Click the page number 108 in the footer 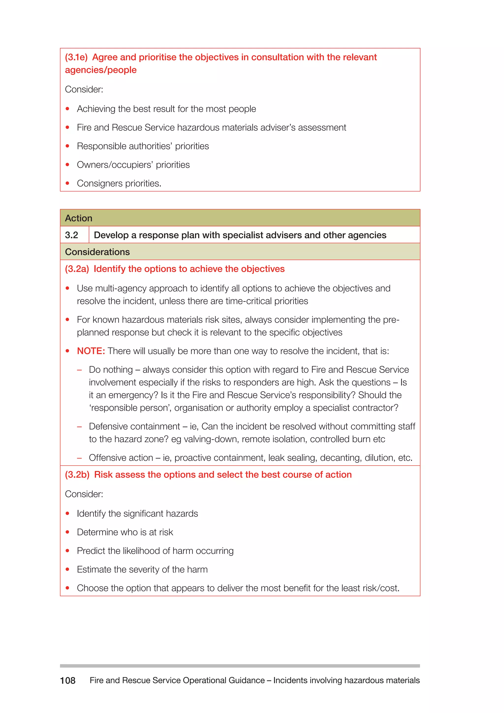coord(68,681)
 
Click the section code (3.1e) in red coord(76,57)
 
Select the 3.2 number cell coord(72,235)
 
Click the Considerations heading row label coord(97,252)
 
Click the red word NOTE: coord(91,351)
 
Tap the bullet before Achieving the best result coord(67,109)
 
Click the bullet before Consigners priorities coord(67,183)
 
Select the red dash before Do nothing coord(79,370)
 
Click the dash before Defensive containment coord(79,427)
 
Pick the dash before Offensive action coord(79,458)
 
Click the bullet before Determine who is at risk coord(67,532)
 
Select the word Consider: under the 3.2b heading coord(84,494)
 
